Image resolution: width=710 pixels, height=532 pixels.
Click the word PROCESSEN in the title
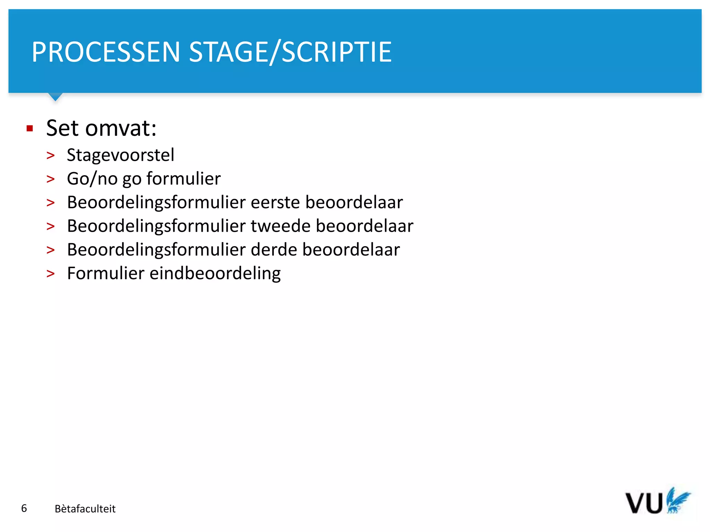coord(106,52)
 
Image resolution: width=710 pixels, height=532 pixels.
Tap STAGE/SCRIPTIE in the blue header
coord(290,52)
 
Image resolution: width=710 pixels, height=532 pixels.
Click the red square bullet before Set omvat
coord(30,129)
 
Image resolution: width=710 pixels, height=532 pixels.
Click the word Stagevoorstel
coord(120,155)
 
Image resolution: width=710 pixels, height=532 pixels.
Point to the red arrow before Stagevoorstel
coord(51,156)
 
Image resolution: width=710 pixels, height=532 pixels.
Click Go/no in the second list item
coord(92,179)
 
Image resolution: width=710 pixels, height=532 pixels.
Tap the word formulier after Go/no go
coord(183,179)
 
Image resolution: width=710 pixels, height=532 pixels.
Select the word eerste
coord(275,202)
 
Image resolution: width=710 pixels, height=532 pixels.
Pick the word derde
coord(274,250)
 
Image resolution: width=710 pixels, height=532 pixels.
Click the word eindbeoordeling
coord(215,274)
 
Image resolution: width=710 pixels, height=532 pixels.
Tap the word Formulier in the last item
coord(105,273)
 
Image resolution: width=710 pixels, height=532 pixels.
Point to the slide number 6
coord(24,508)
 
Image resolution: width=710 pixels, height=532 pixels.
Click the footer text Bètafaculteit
coord(85,509)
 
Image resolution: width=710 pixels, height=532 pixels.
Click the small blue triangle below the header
coord(55,97)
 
